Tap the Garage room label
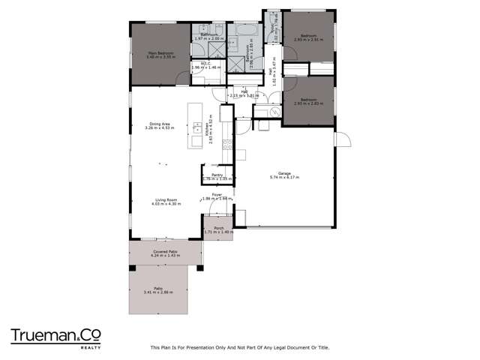279,173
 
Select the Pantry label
217,175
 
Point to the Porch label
219,228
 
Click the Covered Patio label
165,251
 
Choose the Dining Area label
159,124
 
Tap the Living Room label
164,199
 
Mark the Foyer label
217,195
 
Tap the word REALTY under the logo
91,348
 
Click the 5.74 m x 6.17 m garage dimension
279,178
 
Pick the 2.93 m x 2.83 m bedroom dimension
308,103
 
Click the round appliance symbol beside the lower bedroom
265,112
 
